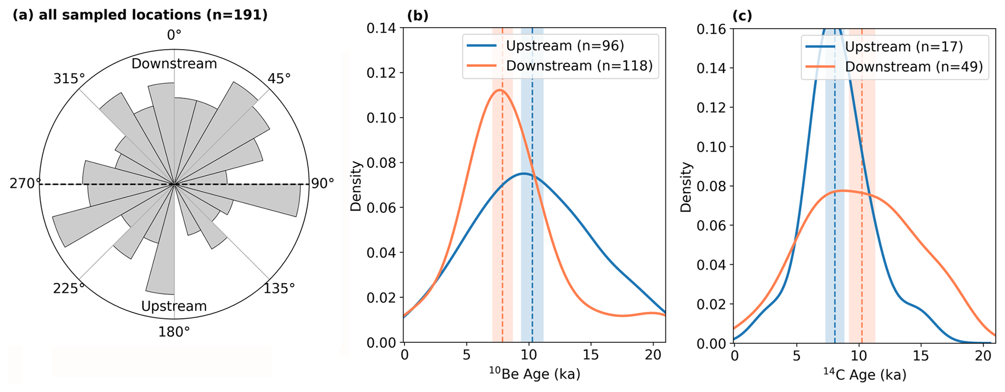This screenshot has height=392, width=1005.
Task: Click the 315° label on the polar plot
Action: coord(69,78)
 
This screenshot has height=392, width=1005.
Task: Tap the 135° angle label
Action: coord(279,288)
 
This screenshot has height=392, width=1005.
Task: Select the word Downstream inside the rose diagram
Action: coord(174,64)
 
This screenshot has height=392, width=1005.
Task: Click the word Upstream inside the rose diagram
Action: coord(174,306)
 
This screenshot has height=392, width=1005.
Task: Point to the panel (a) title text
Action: coord(140,15)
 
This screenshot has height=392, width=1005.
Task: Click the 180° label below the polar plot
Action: coord(174,332)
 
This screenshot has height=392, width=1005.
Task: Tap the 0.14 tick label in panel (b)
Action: coord(382,28)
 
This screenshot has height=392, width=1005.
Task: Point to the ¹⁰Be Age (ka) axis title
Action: coord(534,374)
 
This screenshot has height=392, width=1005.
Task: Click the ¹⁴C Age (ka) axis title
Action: coord(864,374)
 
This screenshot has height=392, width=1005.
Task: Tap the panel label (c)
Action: coord(742,16)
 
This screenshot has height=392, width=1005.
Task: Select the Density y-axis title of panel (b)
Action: coord(357,186)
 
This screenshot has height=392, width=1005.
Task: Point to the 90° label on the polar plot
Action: coord(322,183)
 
